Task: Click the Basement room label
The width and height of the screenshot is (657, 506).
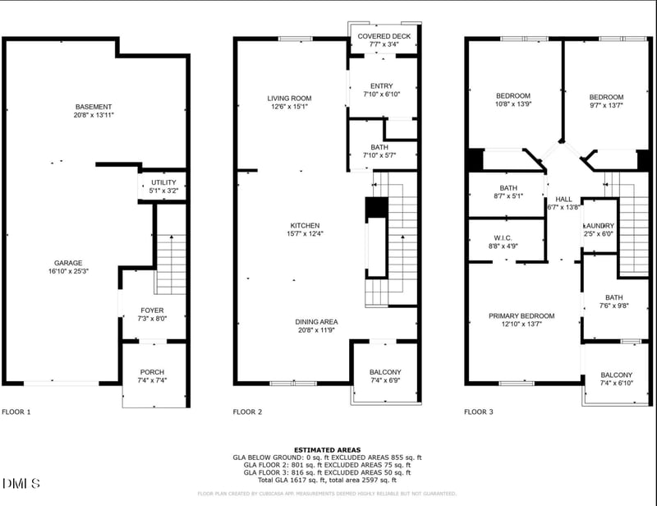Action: [x=94, y=107]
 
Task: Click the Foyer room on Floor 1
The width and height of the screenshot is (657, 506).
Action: [x=152, y=310]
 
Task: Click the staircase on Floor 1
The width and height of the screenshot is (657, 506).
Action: [x=171, y=261]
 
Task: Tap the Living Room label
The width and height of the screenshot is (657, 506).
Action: [x=287, y=99]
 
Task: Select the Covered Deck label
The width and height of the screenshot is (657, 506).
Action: [x=384, y=36]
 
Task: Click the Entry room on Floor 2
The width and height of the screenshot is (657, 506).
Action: [x=381, y=85]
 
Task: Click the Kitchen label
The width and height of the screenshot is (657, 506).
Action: [x=305, y=225]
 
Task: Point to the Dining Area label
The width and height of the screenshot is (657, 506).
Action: [x=317, y=321]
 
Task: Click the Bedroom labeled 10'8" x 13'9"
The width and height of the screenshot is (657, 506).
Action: [x=512, y=96]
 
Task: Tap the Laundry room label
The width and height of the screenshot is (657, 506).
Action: [x=599, y=226]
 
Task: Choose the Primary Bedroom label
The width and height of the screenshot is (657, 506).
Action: [x=521, y=315]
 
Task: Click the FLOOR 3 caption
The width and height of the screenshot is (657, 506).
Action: [x=479, y=412]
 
